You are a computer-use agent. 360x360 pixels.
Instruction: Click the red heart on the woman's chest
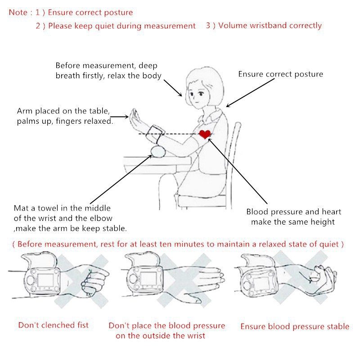pos(205,134)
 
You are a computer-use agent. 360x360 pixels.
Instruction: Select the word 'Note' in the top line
pos(18,13)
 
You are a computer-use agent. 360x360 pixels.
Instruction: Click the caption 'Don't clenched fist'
pos(54,325)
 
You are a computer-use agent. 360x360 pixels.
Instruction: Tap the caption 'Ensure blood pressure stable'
pos(295,326)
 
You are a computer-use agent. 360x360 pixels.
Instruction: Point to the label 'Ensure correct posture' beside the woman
pos(280,74)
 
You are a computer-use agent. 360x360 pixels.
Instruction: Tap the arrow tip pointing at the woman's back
pos(227,106)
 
